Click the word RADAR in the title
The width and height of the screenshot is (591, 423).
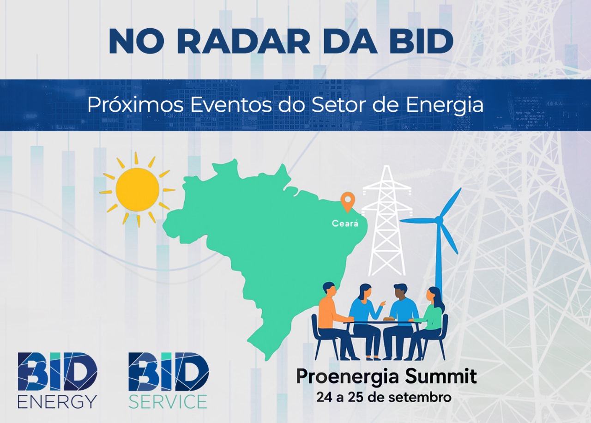point(243,42)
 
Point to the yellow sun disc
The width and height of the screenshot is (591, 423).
point(137,189)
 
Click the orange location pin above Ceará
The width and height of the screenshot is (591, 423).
point(346,202)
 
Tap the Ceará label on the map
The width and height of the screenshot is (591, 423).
point(344,224)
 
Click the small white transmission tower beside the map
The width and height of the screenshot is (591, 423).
point(386,222)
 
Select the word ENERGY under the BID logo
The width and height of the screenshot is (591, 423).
point(57,401)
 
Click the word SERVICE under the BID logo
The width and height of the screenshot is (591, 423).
point(168,401)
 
